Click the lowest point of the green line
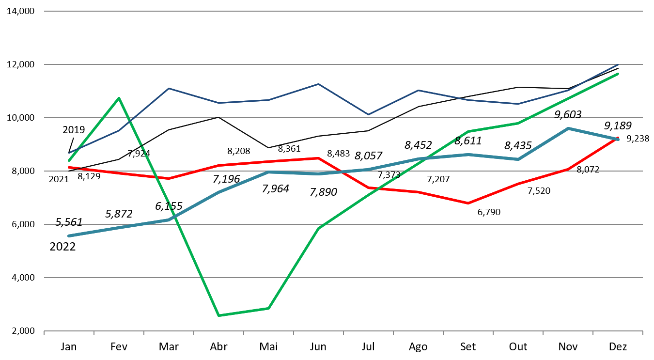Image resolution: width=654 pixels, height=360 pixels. tap(219, 315)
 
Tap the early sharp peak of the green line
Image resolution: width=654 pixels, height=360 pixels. tap(119, 98)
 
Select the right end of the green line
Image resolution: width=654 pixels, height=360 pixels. tap(618, 74)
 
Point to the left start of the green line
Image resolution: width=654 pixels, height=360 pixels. tap(69, 160)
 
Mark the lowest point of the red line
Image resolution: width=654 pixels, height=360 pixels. tap(468, 203)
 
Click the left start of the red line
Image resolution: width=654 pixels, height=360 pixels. tap(69, 167)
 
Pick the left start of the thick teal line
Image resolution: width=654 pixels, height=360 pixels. tap(69, 236)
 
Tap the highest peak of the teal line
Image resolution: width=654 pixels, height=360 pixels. tap(568, 128)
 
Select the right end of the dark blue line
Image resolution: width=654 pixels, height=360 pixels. tap(618, 64)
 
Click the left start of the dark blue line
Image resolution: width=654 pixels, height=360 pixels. tap(69, 153)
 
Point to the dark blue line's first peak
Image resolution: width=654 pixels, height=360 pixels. tap(169, 89)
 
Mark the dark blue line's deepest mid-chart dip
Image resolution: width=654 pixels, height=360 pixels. tap(368, 115)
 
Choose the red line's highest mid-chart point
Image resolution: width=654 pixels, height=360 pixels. tap(318, 158)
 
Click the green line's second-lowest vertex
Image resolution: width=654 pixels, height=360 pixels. tap(268, 308)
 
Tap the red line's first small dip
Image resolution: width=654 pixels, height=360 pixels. tap(169, 179)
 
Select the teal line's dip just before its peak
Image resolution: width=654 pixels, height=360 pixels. tap(518, 159)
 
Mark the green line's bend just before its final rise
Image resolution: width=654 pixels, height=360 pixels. tap(518, 124)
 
